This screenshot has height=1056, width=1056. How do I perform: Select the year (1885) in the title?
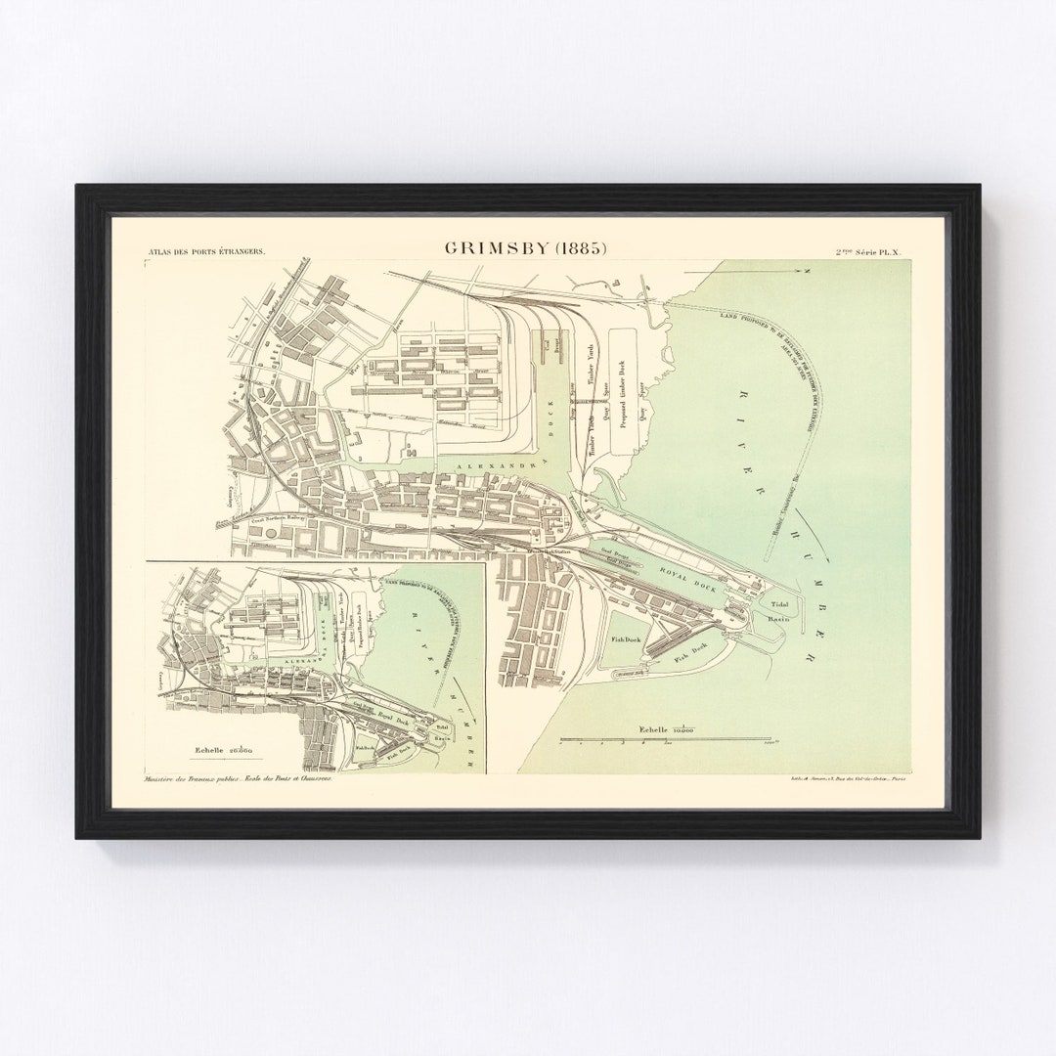point(580,247)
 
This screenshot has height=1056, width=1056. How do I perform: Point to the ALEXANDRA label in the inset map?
point(298,662)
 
